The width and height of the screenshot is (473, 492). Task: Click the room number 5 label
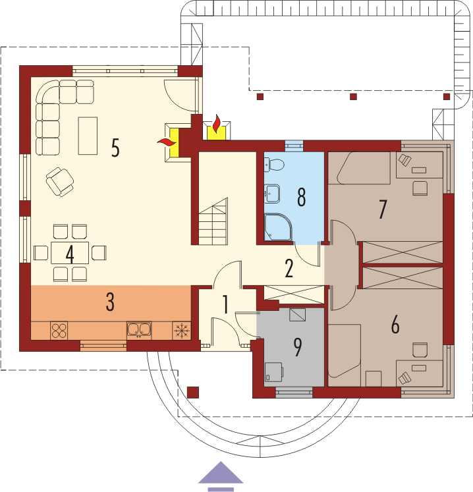115,148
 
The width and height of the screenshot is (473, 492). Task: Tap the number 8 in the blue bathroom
301,198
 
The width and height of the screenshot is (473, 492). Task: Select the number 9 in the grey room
297,347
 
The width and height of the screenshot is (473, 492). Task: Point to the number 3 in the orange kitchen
110,302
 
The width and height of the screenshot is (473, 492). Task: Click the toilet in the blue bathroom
274,165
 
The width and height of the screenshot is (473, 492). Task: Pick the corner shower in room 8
278,227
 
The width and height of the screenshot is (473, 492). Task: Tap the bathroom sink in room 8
272,194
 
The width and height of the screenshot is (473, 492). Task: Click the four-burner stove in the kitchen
59,331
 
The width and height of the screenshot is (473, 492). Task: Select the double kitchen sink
139,330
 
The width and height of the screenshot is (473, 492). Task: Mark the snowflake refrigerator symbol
182,331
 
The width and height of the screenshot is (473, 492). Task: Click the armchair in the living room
60,182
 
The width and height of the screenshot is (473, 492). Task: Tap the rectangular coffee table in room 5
88,136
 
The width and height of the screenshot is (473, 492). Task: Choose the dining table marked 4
70,253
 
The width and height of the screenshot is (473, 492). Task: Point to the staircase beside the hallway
213,221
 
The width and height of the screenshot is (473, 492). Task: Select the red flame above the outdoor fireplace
216,124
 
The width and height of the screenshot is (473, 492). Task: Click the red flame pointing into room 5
166,142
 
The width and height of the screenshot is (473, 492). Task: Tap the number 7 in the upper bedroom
382,209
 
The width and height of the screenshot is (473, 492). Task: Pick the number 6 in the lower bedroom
395,325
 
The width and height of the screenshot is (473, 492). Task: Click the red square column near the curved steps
193,393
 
